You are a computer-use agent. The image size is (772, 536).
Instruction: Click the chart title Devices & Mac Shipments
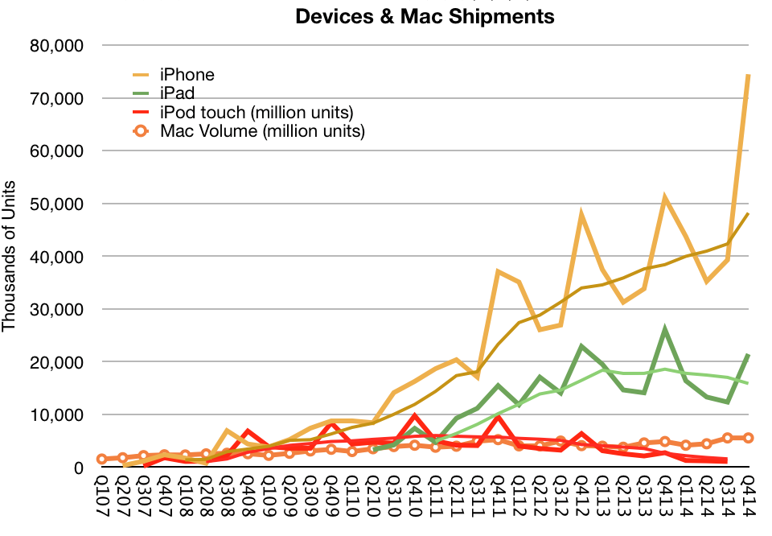tap(425, 16)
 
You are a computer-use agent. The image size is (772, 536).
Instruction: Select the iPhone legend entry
tap(187, 75)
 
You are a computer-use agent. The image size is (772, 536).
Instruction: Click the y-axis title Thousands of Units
tap(10, 256)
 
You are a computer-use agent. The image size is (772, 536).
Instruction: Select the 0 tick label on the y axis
tap(78, 468)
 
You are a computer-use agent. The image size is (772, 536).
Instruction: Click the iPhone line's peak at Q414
tap(748, 75)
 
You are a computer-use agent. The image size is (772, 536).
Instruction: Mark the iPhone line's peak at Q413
tap(664, 197)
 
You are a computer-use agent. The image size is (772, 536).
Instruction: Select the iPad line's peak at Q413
tap(664, 329)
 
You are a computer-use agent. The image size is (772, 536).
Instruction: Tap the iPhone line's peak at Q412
tap(581, 215)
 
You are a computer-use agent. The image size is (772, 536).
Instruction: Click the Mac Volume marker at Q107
tap(102, 459)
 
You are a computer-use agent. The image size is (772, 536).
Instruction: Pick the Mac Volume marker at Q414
tap(748, 438)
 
